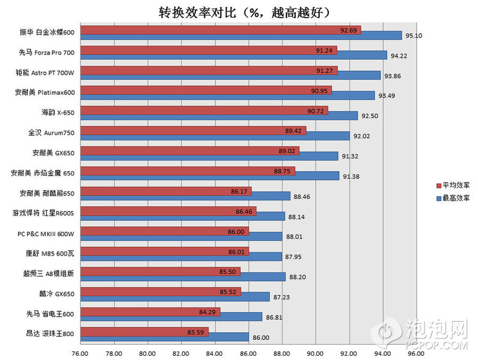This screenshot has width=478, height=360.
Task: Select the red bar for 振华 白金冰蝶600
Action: (220, 30)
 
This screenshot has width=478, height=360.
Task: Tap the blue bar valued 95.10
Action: (241, 35)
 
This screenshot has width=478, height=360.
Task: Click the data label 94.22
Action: (399, 56)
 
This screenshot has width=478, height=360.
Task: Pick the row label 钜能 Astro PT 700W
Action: (46, 72)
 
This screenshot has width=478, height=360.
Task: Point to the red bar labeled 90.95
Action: (206, 90)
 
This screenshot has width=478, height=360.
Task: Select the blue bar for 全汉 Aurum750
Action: (215, 136)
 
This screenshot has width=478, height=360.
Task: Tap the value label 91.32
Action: (350, 156)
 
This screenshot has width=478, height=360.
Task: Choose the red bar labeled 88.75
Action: (187, 171)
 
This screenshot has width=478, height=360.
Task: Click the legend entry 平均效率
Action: (456, 185)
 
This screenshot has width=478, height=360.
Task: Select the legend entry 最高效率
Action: (456, 198)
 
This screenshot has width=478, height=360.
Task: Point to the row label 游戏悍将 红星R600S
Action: (43, 213)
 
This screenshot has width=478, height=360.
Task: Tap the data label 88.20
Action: (297, 277)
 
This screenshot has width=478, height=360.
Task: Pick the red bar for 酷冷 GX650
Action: (160, 292)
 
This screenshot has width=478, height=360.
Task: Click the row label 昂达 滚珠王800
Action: (50, 333)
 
